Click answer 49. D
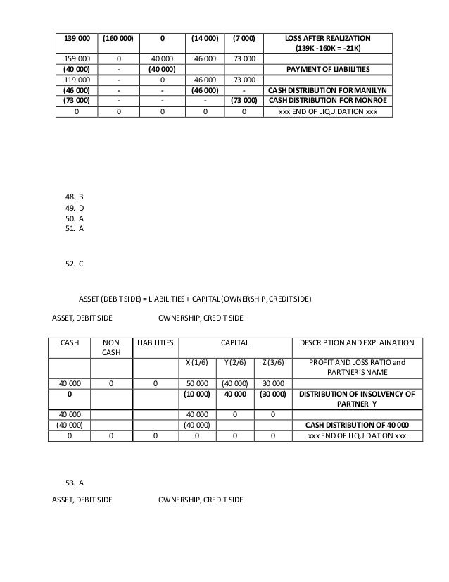(74, 209)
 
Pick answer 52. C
(74, 264)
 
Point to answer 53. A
(74, 483)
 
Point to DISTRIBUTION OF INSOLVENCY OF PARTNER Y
(356, 399)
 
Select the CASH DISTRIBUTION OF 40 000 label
(356, 426)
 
